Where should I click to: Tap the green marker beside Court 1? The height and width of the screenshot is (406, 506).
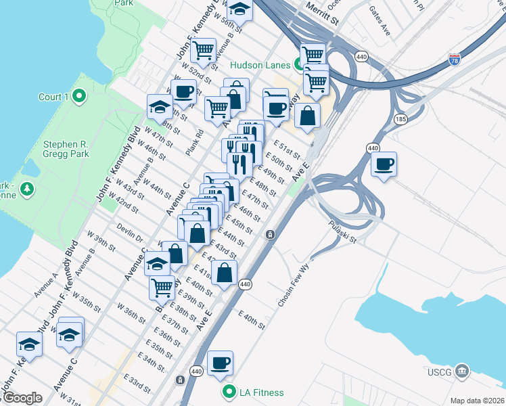pos(79,97)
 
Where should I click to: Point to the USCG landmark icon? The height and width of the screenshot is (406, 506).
pos(462,370)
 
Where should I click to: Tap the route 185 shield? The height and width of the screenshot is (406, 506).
pos(401,119)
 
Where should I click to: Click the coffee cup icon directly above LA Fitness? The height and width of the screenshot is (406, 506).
pos(221,363)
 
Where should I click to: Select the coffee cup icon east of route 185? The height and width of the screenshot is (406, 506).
pos(384,164)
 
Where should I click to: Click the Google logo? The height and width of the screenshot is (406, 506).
pos(22,398)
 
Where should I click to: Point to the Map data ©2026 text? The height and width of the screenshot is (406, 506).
pos(477,401)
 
